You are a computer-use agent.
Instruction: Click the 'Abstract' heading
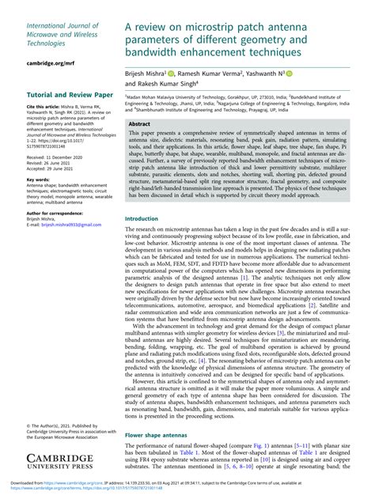coord(141,125)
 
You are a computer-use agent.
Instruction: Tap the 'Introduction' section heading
coord(147,218)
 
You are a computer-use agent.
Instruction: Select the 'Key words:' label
coord(38,180)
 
